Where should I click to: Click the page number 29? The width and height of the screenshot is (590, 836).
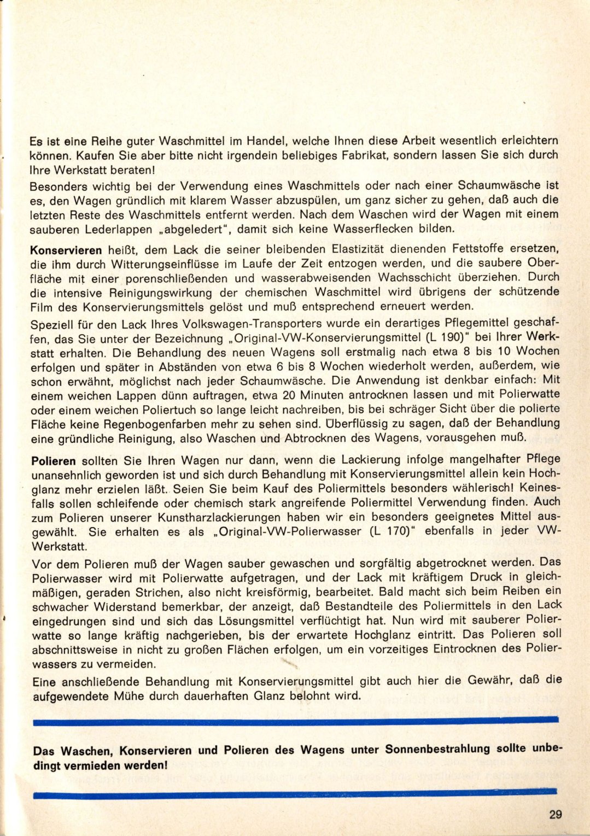tap(555, 814)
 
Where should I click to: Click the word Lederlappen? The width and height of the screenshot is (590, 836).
tap(118, 229)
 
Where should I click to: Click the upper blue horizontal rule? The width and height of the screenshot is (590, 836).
tap(295, 722)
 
